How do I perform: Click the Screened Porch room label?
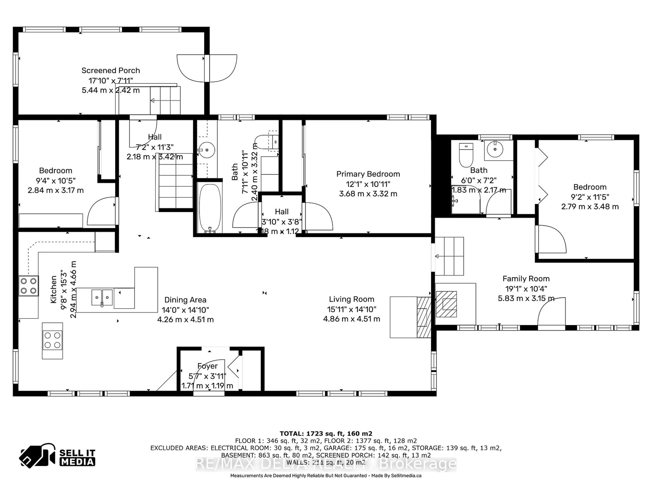[x=111, y=70]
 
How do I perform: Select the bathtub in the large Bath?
[x=210, y=208]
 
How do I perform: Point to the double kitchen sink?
[x=102, y=297]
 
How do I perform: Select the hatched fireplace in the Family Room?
[x=446, y=304]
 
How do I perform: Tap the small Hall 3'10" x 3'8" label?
[x=282, y=212]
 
